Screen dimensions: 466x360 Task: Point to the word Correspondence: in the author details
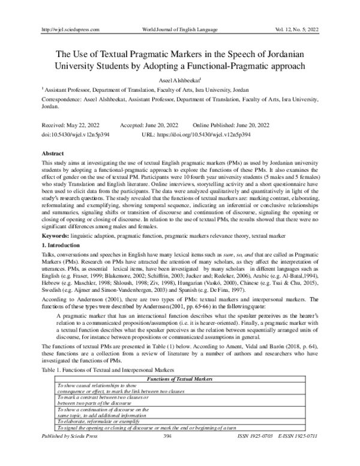point(61,96)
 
